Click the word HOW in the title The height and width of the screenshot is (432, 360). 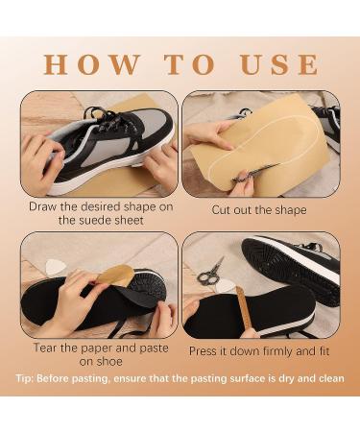tap(82, 64)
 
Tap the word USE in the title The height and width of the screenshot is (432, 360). tap(277, 64)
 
